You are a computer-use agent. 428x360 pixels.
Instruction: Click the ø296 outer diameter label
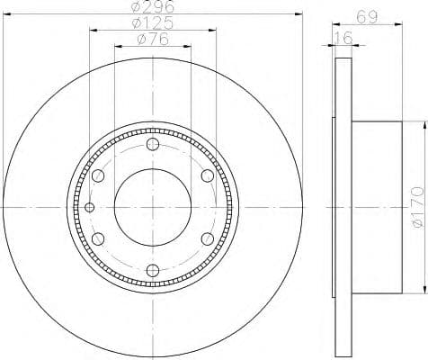click(154, 9)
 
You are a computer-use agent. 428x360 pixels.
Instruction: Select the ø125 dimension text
click(154, 24)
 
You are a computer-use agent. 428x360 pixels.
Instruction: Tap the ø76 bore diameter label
click(154, 40)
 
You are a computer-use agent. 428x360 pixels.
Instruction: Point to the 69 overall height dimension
click(366, 15)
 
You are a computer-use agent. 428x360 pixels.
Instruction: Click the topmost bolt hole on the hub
click(152, 146)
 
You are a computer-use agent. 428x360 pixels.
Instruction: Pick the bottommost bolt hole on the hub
click(152, 268)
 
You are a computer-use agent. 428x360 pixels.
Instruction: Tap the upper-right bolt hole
click(206, 175)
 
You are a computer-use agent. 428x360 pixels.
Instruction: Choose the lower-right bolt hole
click(206, 238)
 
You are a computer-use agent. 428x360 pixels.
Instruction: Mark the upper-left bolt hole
click(98, 175)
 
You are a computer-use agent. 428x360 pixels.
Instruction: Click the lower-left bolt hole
click(98, 238)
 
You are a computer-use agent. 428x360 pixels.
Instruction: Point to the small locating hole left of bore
click(88, 208)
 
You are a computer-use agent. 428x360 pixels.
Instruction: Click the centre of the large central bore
click(152, 207)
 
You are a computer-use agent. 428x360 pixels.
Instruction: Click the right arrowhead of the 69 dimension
click(398, 24)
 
